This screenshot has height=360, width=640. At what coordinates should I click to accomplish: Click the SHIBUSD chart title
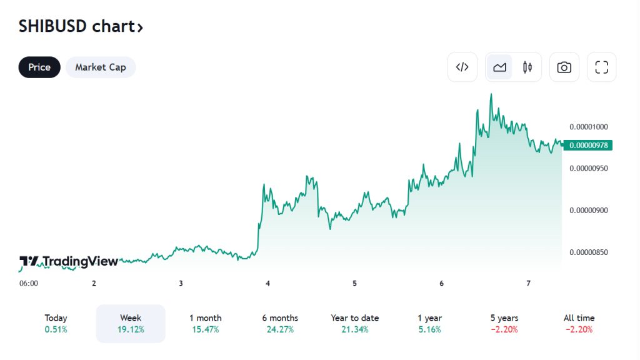(x=81, y=27)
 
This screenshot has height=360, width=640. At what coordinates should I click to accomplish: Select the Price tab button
(x=39, y=67)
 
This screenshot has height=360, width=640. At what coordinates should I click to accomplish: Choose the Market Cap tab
(x=101, y=67)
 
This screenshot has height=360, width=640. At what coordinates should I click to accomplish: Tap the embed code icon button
(x=462, y=67)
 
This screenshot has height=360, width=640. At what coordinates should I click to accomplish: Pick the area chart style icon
(x=499, y=67)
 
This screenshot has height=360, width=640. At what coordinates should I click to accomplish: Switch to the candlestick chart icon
(x=527, y=67)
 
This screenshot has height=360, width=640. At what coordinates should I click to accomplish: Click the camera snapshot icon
(x=564, y=67)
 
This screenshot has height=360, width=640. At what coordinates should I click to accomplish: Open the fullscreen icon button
(x=601, y=67)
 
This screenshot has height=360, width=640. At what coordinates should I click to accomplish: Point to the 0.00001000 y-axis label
(x=589, y=126)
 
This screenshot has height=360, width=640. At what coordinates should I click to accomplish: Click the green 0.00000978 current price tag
(x=588, y=146)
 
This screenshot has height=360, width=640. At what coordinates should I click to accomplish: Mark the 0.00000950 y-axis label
(x=589, y=169)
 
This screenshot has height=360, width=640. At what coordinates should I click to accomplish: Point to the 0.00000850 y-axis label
(x=589, y=252)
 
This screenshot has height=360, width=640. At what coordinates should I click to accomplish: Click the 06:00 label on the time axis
(x=29, y=283)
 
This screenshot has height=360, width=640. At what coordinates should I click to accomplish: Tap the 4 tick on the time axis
(x=267, y=283)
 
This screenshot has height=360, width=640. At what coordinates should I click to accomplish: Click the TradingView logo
(x=69, y=261)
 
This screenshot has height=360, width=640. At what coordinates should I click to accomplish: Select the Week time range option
(x=131, y=324)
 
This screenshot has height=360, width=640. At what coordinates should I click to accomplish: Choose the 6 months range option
(x=280, y=324)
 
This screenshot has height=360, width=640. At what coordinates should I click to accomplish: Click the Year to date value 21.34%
(x=355, y=329)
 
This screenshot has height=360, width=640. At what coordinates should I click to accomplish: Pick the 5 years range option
(x=504, y=324)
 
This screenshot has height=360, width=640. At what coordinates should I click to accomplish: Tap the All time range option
(x=579, y=324)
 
